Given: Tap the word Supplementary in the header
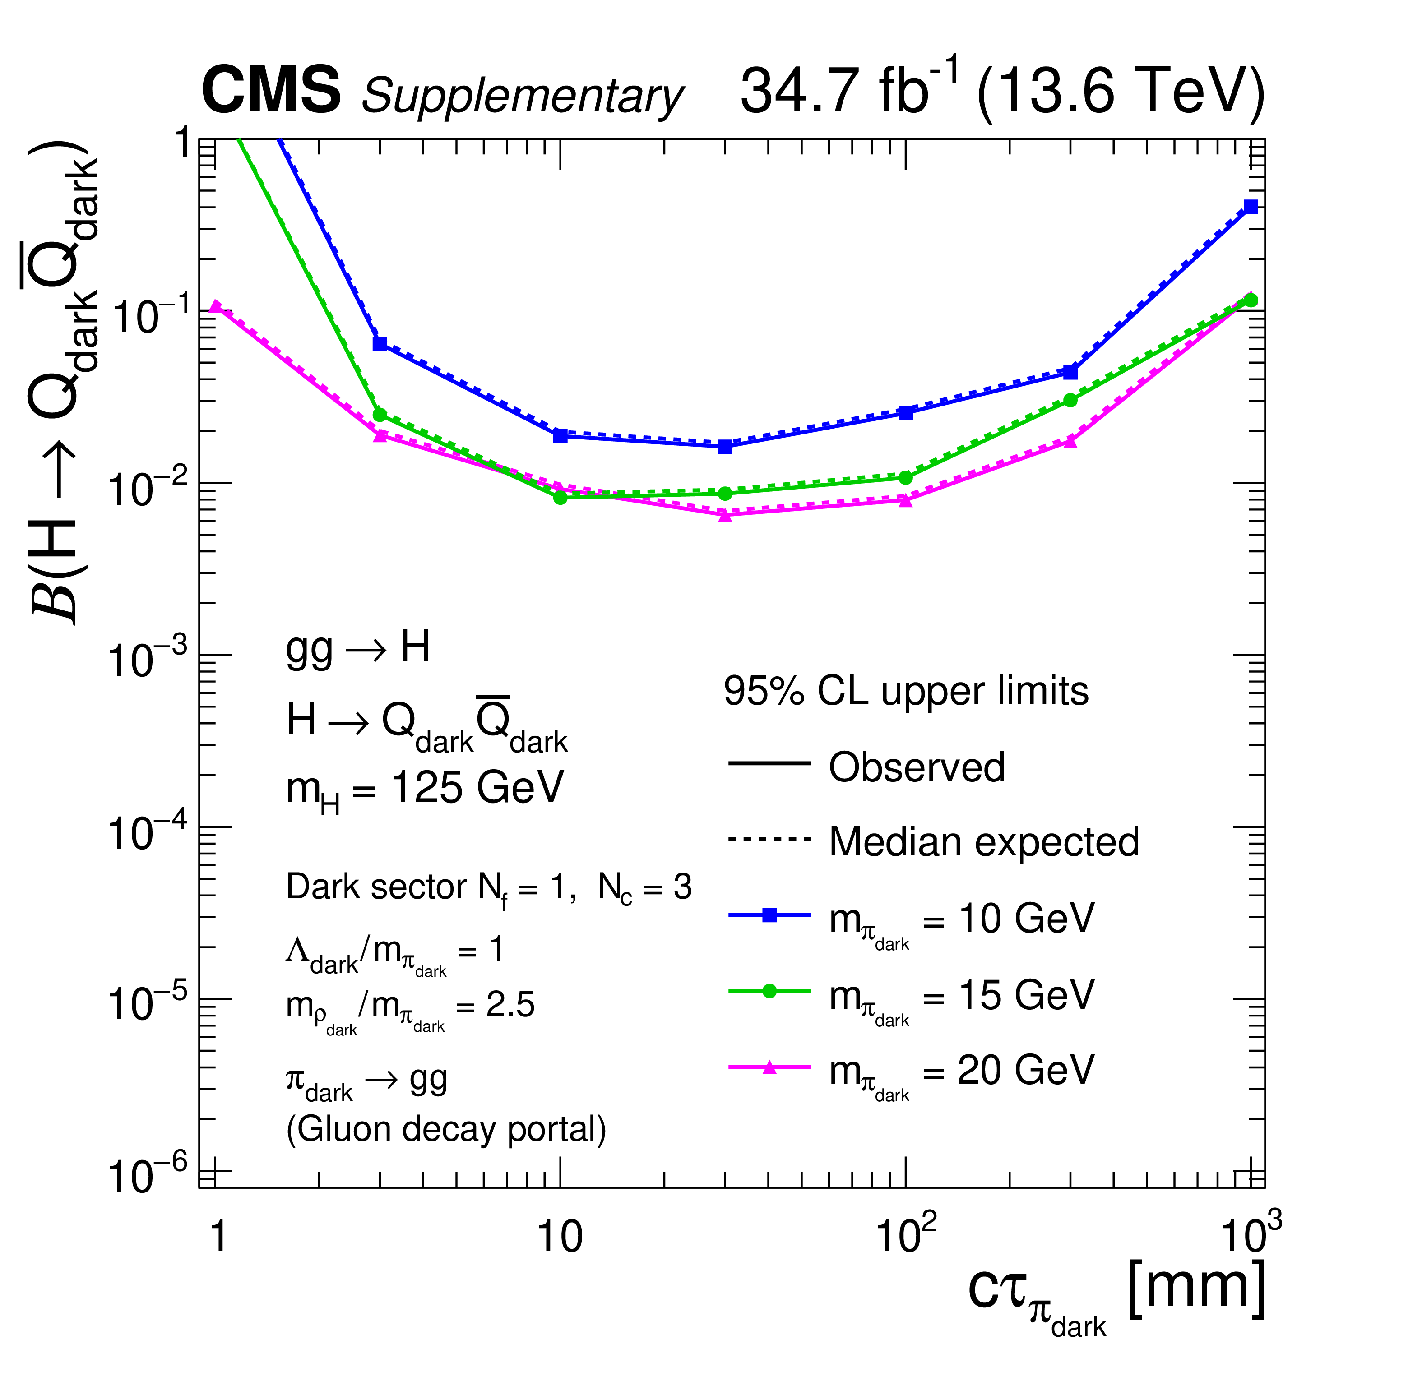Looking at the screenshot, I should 523,96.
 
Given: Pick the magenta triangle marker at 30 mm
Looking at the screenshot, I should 725,515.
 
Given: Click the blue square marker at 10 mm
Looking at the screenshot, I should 560,436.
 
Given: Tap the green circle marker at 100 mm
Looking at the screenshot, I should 905,477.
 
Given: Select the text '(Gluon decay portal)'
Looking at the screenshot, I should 446,1129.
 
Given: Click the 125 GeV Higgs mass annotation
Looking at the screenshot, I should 425,789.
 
